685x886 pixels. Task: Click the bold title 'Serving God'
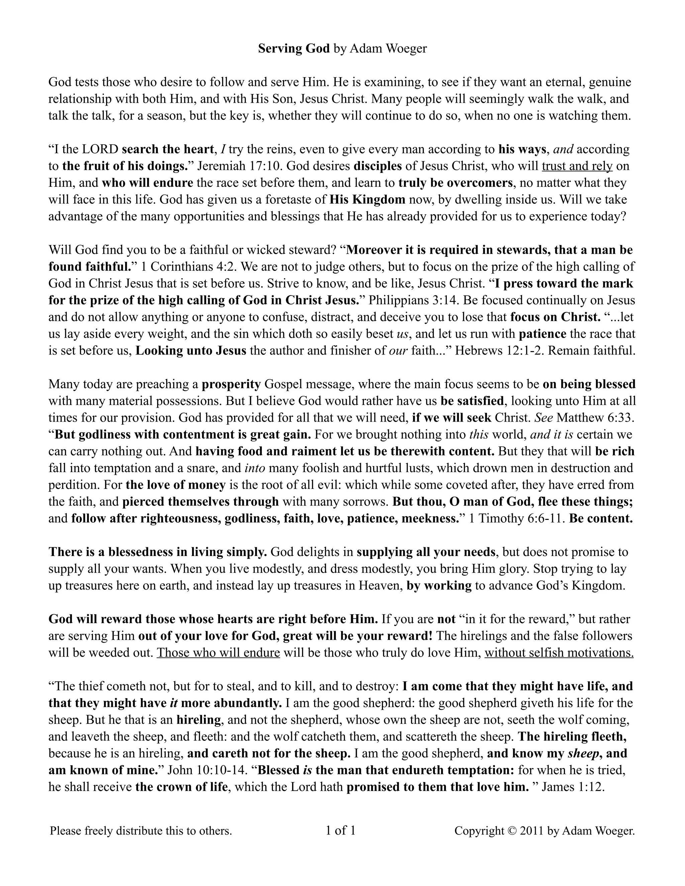(x=294, y=49)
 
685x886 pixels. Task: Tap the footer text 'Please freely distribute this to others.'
(x=141, y=831)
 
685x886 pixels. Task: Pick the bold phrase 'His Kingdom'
(x=367, y=200)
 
